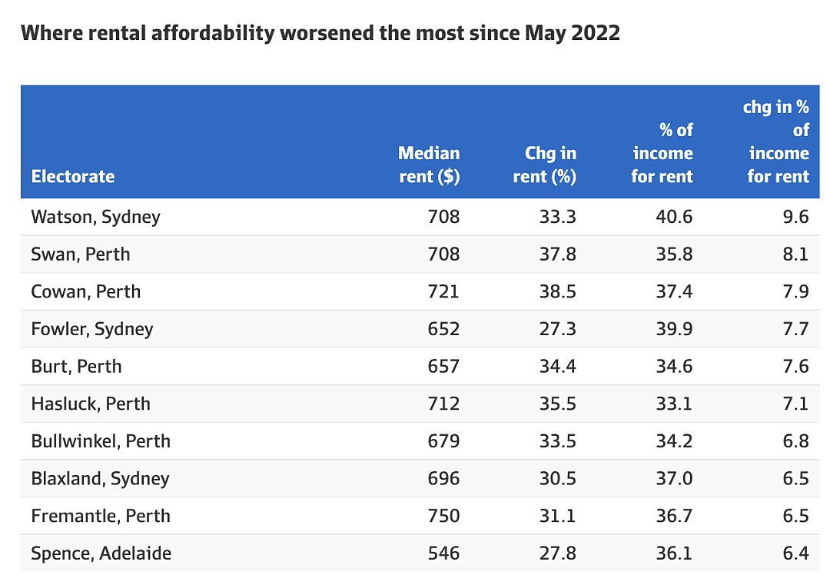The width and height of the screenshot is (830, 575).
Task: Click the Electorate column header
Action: click(73, 176)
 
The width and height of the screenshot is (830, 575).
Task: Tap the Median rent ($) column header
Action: click(429, 165)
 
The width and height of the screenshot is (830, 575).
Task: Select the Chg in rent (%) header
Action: click(545, 165)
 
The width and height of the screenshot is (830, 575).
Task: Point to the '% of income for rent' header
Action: click(662, 153)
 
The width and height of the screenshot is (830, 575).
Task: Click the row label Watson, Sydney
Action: click(96, 217)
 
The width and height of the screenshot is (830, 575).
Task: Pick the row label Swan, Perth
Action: click(81, 254)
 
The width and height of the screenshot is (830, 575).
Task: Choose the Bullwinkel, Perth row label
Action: click(101, 441)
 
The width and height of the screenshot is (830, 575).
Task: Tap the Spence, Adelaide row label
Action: click(101, 553)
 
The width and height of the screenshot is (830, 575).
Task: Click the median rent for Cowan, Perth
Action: click(443, 292)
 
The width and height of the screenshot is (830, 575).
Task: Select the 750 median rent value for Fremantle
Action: click(443, 516)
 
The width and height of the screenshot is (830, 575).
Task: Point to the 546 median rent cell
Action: click(443, 553)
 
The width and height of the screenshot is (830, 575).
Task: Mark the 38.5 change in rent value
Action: click(558, 292)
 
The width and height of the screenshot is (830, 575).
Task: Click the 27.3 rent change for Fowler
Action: click(558, 329)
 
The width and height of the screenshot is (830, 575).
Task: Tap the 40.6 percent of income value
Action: click(675, 217)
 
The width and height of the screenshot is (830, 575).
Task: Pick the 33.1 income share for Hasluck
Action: click(675, 404)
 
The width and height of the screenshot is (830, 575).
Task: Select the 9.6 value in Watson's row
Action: click(796, 217)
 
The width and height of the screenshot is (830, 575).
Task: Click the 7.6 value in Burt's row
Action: click(796, 367)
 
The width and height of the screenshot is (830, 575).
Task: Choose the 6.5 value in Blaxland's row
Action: click(796, 478)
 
